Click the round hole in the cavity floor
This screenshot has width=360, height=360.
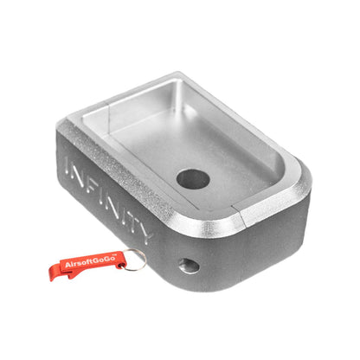click(193, 179)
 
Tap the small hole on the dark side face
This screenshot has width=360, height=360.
click(189, 266)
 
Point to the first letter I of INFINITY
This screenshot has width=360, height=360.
click(69, 167)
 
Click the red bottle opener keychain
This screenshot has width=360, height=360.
click(98, 264)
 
